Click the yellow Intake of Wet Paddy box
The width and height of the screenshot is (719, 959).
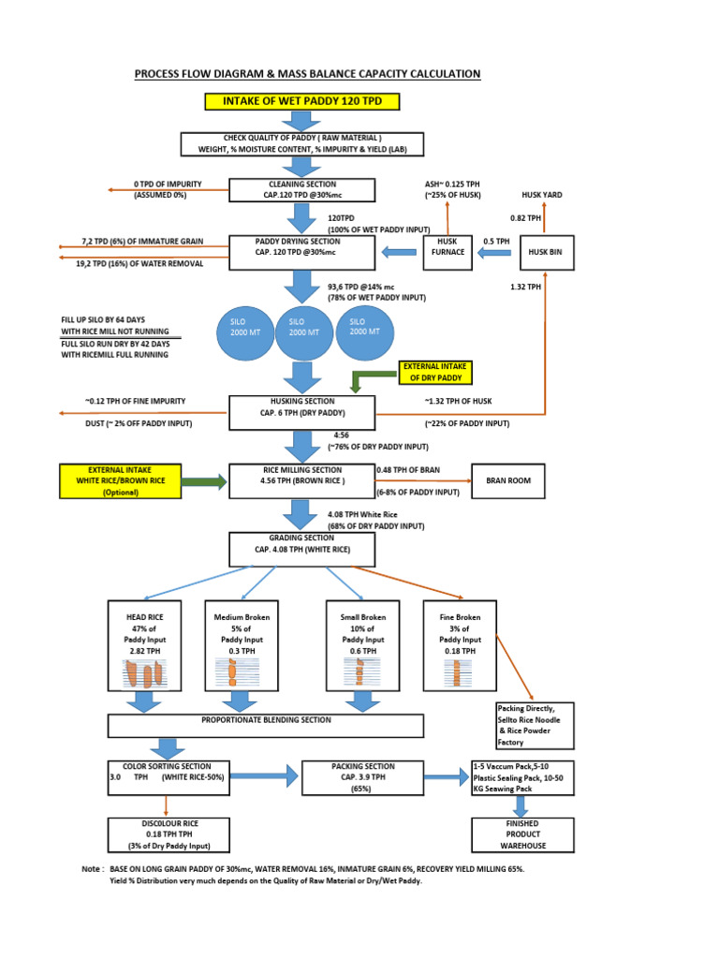coord(301,101)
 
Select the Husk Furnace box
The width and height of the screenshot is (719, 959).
coord(448,252)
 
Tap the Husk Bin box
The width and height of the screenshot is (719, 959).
coord(547,252)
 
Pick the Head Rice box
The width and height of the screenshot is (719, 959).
coord(144,646)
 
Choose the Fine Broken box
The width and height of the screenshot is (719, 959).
coord(460,646)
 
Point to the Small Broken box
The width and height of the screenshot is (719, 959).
coord(362,646)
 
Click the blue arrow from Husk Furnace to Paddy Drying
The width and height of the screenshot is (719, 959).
coord(398,251)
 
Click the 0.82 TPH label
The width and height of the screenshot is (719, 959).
coord(526,217)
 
